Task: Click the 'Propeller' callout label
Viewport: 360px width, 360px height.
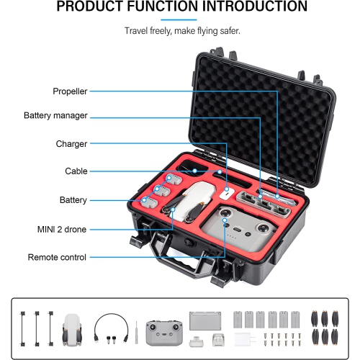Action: [x=70, y=91]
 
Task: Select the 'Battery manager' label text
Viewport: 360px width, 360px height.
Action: [x=55, y=115]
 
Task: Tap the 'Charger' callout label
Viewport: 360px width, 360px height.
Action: [x=71, y=144]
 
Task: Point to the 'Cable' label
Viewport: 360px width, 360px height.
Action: [x=76, y=171]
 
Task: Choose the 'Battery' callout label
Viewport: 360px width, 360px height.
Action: [x=73, y=200]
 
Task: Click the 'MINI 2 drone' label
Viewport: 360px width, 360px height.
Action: [x=62, y=230]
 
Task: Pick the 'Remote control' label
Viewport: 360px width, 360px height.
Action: [x=57, y=257]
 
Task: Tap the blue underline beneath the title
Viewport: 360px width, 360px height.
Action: [x=179, y=20]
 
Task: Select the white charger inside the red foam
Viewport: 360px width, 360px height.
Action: [x=227, y=193]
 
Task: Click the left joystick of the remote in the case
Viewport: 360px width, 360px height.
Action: [x=225, y=213]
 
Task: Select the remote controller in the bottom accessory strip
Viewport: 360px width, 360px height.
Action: [x=164, y=333]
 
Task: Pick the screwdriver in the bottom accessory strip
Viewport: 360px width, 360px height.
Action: [x=136, y=332]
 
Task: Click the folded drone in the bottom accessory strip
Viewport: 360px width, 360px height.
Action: [x=72, y=330]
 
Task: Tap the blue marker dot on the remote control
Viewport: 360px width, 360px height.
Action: [x=225, y=220]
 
